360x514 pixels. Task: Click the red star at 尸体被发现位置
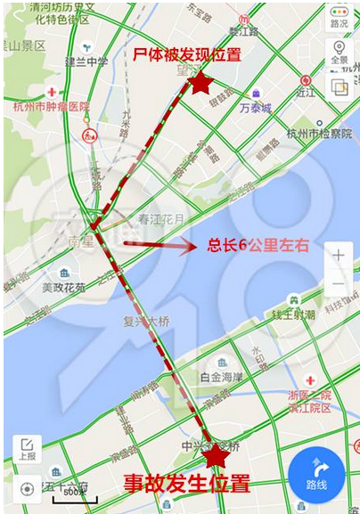[201, 83]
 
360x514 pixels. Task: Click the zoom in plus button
[339, 255]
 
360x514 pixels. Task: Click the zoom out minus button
[339, 284]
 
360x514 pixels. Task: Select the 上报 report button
[27, 450]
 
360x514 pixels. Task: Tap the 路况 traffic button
[339, 17]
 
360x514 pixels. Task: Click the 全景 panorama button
[339, 52]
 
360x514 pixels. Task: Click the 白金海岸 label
[222, 378]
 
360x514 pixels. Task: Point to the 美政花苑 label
[64, 287]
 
